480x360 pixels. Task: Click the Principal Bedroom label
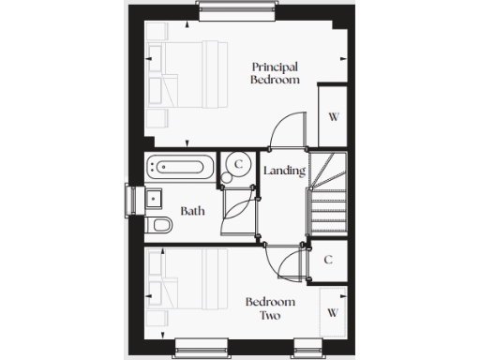(276, 73)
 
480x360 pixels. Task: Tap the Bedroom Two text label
(270, 308)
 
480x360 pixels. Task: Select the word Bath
(192, 211)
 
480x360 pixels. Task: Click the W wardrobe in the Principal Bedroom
(332, 116)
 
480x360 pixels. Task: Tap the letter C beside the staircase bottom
(329, 260)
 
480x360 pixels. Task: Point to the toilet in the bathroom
(159, 225)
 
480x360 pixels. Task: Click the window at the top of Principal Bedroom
(229, 9)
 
